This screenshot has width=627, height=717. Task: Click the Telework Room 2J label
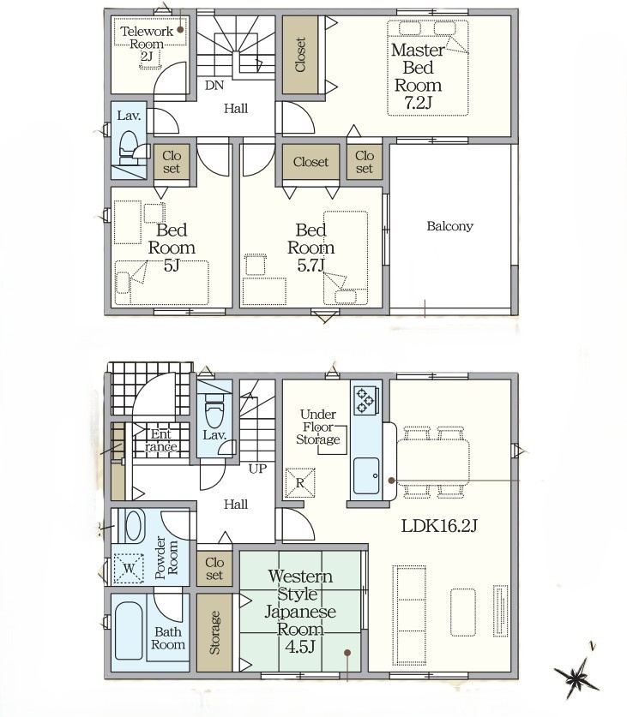point(147,44)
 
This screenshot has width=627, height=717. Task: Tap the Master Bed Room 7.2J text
point(417,76)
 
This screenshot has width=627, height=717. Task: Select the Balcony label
point(449,226)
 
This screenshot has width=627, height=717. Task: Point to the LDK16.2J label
point(439,526)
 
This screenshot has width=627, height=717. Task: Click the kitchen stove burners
point(366,399)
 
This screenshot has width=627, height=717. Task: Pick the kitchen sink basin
point(366,475)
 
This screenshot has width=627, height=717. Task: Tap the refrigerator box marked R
point(300,482)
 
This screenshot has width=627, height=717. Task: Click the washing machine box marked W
point(130,569)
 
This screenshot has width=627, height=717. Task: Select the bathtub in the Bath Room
point(129,630)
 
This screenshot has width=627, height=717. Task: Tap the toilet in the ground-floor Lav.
point(214,411)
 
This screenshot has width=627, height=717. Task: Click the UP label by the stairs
point(257,469)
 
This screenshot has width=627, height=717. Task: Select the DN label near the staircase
point(214,85)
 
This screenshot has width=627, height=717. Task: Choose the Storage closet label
point(214,632)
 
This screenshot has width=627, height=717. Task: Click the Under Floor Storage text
point(318,427)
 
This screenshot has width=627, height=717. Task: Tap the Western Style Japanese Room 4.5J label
point(300,611)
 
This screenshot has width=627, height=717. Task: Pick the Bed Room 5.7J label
point(311,248)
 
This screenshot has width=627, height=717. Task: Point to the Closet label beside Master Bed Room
point(300,55)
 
